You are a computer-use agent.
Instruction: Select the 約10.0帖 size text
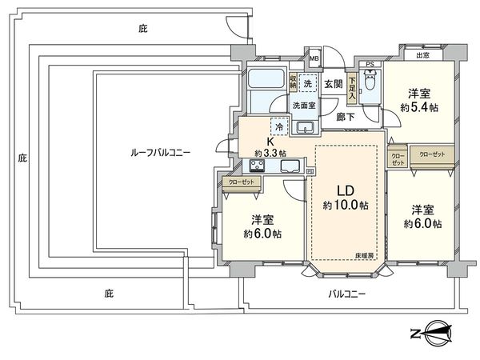[345, 206]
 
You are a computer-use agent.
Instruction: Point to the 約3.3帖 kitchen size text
[270, 152]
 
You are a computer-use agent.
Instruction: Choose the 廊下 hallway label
[346, 116]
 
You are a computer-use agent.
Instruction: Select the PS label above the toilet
[370, 64]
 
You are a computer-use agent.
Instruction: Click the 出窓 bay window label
[421, 55]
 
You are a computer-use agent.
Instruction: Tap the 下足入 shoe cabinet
[352, 87]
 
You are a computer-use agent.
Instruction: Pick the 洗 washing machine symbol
[308, 86]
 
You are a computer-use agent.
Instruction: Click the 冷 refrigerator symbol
[279, 126]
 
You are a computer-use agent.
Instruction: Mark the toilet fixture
[370, 83]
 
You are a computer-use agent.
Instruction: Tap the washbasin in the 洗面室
[305, 127]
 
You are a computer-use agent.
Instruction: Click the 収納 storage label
[294, 82]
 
